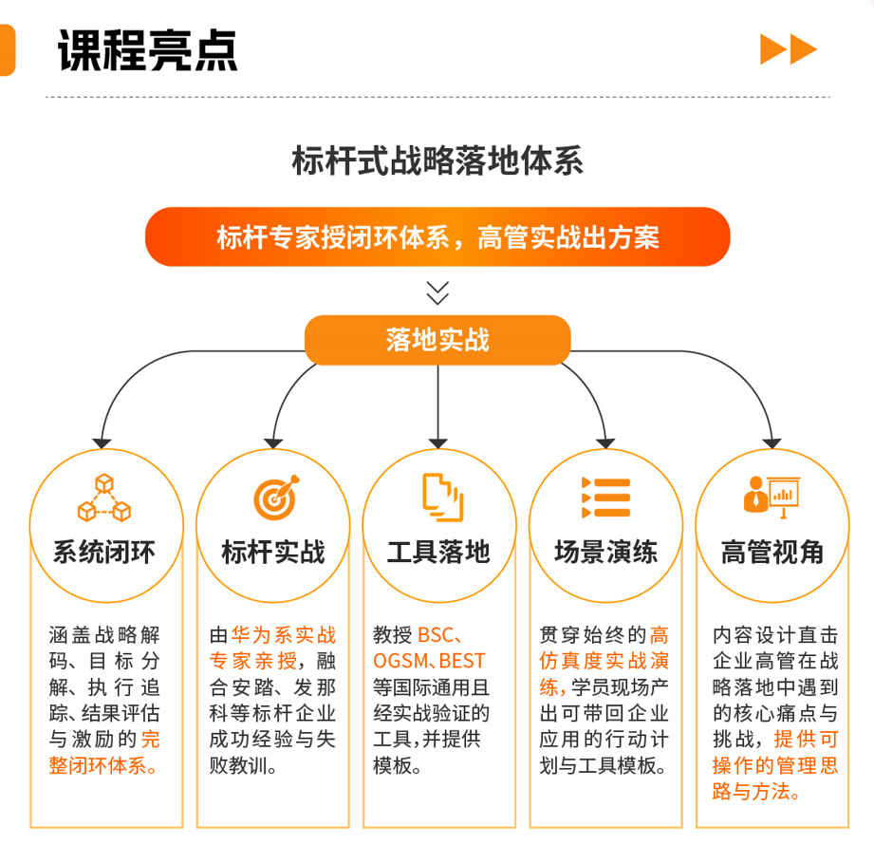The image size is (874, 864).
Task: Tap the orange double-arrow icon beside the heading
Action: pyautogui.click(x=788, y=49)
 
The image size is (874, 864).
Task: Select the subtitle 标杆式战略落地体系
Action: pyautogui.click(x=437, y=160)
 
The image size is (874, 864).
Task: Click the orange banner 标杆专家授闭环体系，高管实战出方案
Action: pyautogui.click(x=437, y=237)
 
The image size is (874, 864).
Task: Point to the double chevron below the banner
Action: pyautogui.click(x=437, y=291)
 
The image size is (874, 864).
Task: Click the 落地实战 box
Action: pyautogui.click(x=437, y=340)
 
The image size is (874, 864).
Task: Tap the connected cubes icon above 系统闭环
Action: pyautogui.click(x=103, y=498)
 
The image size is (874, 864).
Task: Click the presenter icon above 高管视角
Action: pyautogui.click(x=771, y=497)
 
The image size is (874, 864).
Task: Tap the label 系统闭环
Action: pyautogui.click(x=104, y=552)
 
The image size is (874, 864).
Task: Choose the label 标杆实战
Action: pyautogui.click(x=272, y=552)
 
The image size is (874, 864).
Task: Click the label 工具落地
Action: pyautogui.click(x=438, y=552)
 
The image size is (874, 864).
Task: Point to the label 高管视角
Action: pyautogui.click(x=772, y=552)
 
